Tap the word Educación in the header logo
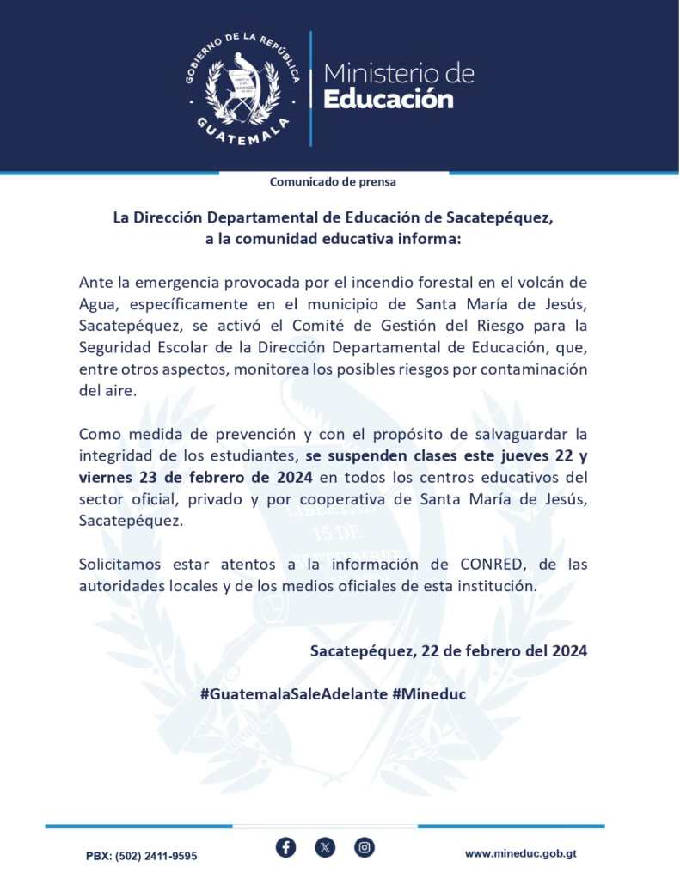point(388,100)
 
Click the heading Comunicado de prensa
point(333,182)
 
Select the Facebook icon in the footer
point(286,848)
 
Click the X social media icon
point(325,848)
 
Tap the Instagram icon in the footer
point(365,848)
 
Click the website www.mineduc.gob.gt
point(521,853)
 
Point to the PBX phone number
point(142,856)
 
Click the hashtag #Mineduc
point(429,693)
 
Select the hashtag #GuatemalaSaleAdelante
point(293,693)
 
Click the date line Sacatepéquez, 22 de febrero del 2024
point(449,650)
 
